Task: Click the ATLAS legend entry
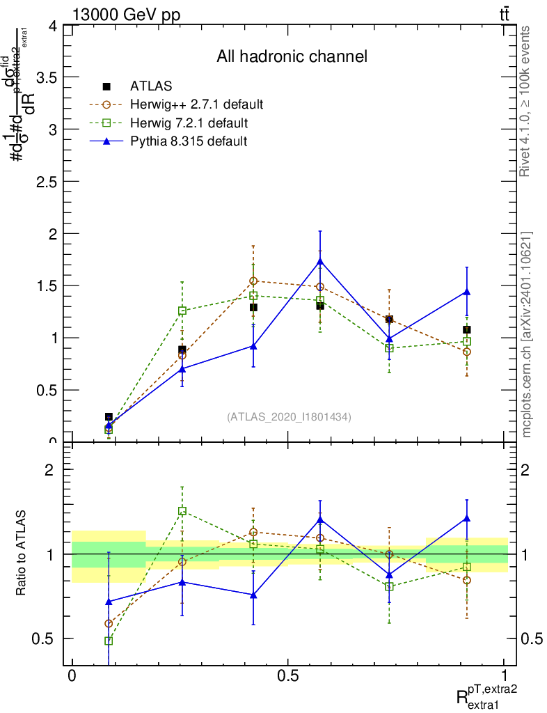point(151,87)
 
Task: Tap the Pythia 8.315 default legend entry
point(189,141)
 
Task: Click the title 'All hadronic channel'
point(292,56)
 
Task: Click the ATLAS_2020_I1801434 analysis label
point(289,417)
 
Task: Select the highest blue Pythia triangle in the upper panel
point(320,261)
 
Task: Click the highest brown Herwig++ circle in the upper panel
point(253,281)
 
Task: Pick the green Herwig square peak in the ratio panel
point(182,511)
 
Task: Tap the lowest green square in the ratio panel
point(109,641)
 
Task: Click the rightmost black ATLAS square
point(467,329)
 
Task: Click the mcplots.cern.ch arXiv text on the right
point(527,334)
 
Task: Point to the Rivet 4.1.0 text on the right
point(527,101)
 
